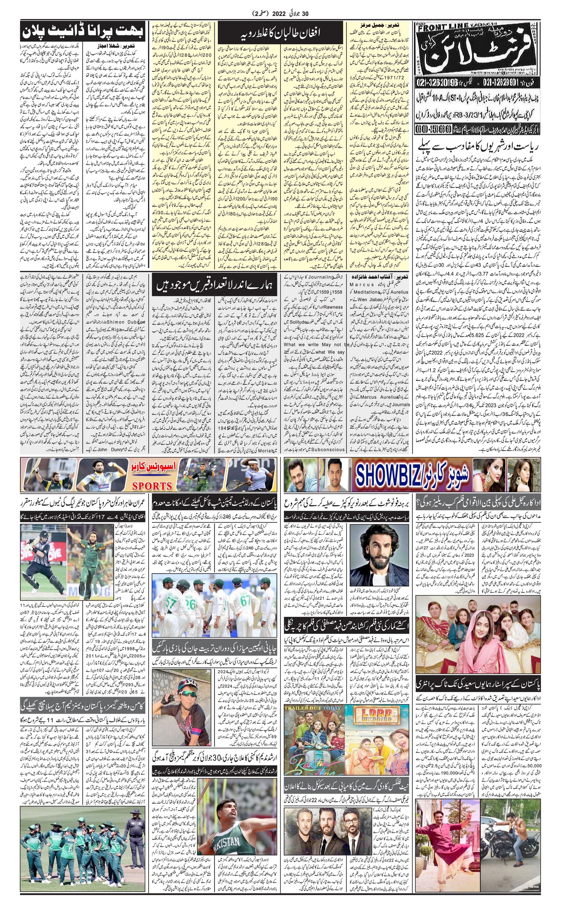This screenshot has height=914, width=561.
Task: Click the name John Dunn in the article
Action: pos(98,449)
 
